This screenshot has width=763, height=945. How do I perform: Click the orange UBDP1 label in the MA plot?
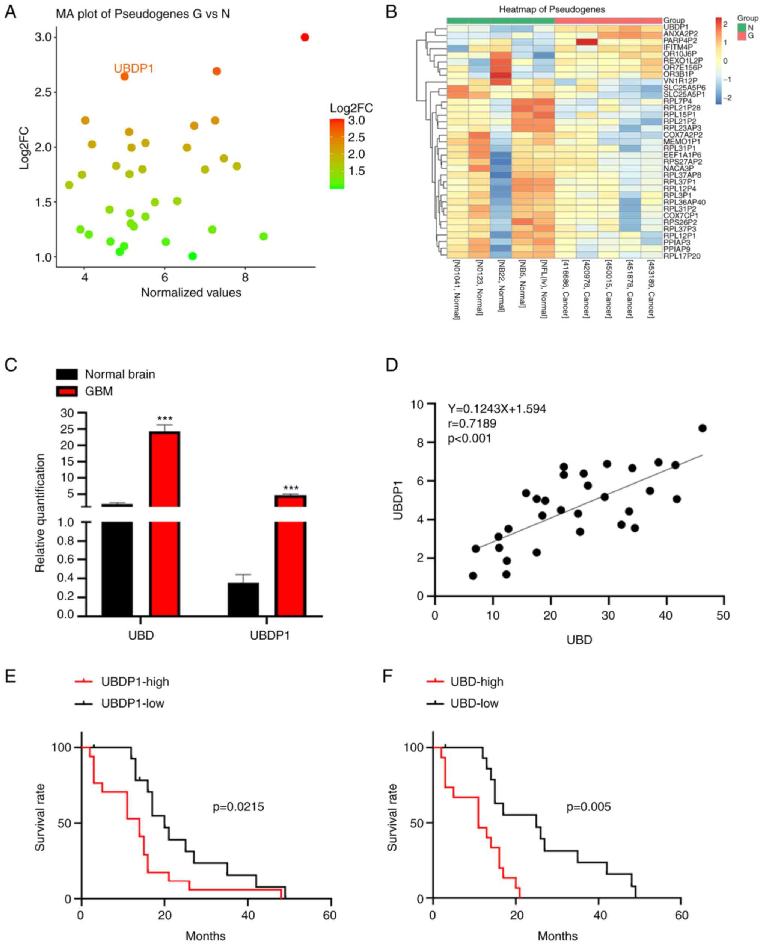[x=134, y=69]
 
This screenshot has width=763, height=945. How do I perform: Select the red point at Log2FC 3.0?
[x=305, y=37]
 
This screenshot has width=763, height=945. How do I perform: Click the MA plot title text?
[x=143, y=14]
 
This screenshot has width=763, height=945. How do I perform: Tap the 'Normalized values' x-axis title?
[x=191, y=292]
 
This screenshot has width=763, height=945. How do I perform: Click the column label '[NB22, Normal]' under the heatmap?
[x=501, y=286]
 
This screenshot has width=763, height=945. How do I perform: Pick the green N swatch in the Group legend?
[x=742, y=27]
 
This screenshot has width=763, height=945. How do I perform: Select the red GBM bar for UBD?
[x=165, y=523]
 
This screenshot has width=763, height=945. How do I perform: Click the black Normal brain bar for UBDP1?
[x=243, y=599]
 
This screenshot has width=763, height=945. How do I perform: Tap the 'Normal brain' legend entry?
[x=119, y=374]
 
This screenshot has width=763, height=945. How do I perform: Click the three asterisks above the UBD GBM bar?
[x=165, y=418]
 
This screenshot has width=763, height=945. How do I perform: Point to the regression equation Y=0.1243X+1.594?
[x=497, y=409]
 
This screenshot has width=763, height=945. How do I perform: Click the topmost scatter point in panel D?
[x=702, y=428]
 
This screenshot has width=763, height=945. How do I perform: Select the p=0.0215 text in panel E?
[x=238, y=807]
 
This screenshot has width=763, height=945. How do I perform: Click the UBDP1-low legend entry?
[x=132, y=703]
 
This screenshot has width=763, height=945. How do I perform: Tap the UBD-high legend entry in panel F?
[x=476, y=682]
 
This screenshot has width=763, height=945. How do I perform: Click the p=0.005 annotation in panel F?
[x=588, y=807]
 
